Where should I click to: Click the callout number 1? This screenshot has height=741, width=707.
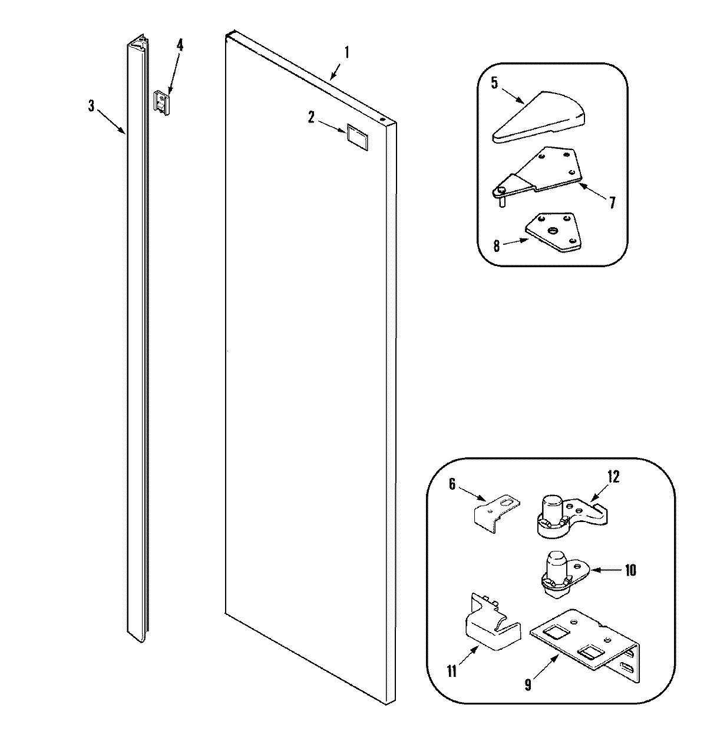click(347, 52)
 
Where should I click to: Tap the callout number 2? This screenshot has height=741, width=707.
click(310, 117)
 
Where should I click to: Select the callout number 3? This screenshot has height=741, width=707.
click(91, 106)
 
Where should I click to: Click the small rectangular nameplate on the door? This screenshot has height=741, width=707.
click(355, 135)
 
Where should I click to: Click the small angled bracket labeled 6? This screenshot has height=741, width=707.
click(497, 509)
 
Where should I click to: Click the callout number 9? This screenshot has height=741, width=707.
click(527, 686)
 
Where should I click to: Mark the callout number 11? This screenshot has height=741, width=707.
click(452, 672)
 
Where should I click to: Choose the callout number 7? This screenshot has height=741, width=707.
click(612, 203)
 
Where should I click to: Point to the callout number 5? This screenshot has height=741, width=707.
click(494, 83)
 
